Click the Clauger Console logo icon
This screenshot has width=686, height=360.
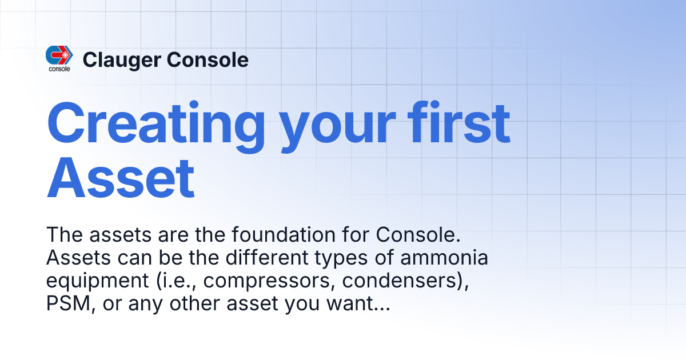click(x=59, y=55)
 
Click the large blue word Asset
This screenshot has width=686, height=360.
click(x=121, y=179)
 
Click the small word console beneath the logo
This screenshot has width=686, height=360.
click(x=59, y=69)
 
